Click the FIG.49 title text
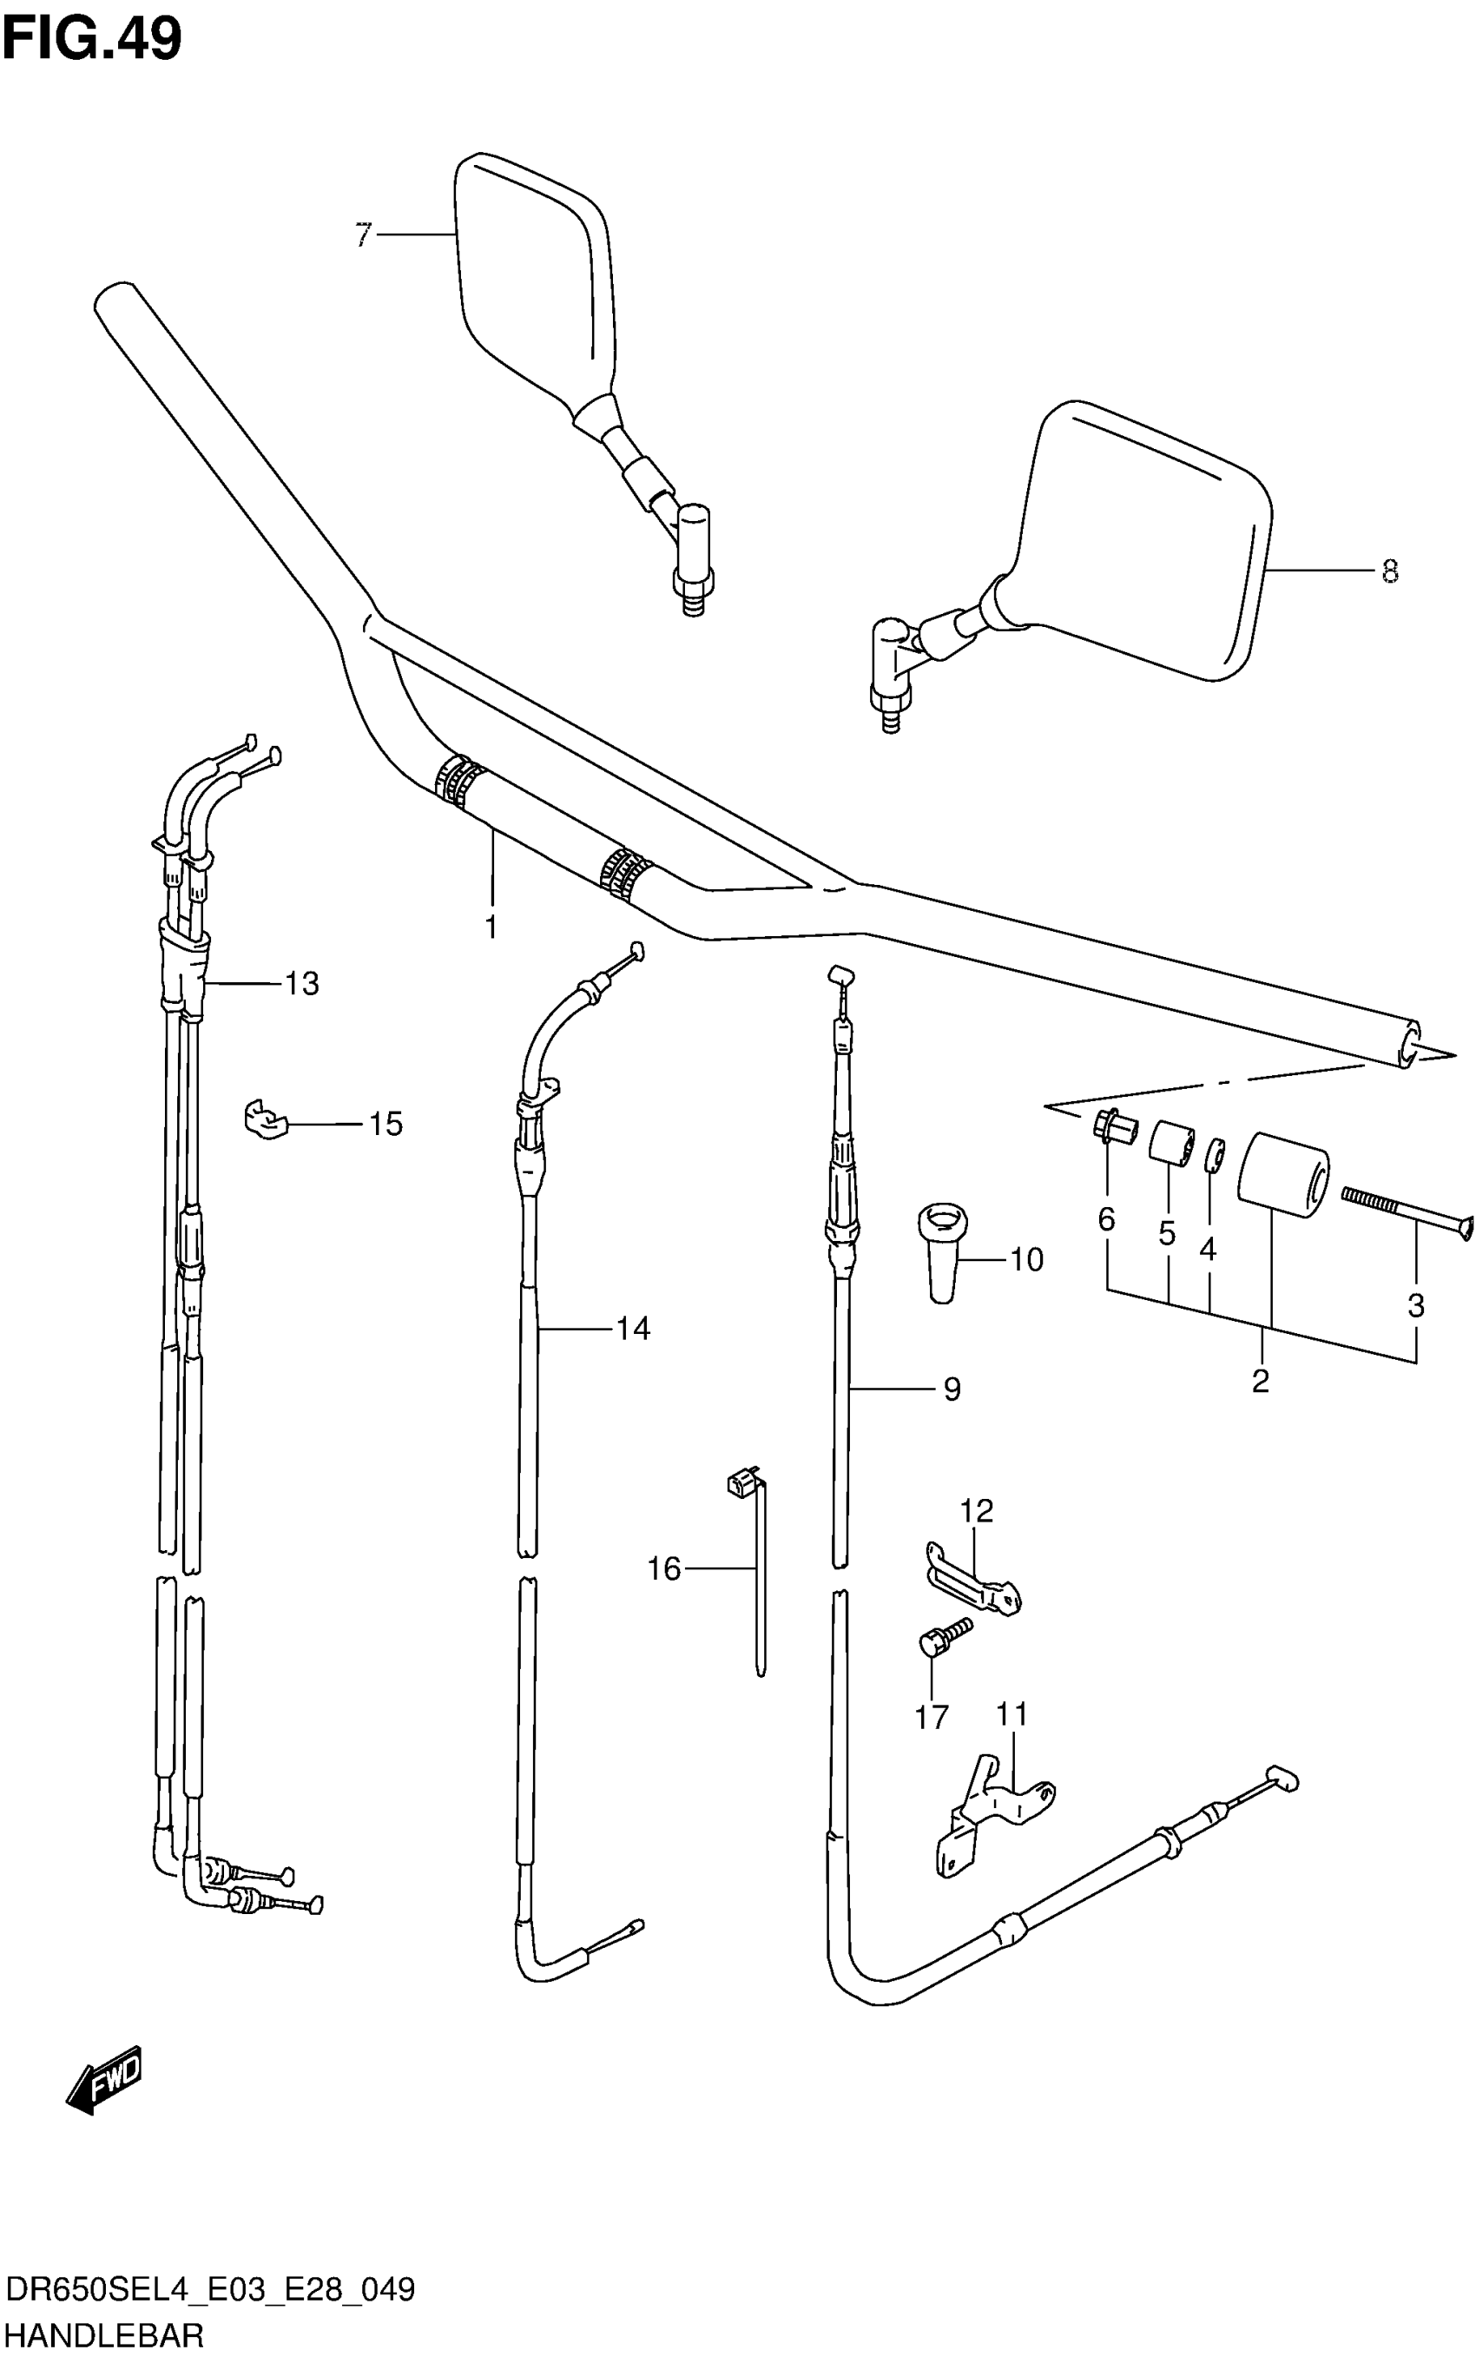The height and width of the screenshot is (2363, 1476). (92, 40)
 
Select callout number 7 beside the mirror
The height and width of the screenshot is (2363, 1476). (363, 235)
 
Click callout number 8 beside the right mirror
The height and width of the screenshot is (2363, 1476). (1390, 571)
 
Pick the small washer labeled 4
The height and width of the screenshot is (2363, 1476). (1215, 1153)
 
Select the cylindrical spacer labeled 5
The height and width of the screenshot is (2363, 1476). (1170, 1144)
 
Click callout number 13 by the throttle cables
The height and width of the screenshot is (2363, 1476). (301, 983)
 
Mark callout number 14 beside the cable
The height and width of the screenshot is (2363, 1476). (633, 1328)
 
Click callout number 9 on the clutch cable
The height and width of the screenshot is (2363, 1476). (952, 1389)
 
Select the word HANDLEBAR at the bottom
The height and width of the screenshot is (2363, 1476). (103, 2336)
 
